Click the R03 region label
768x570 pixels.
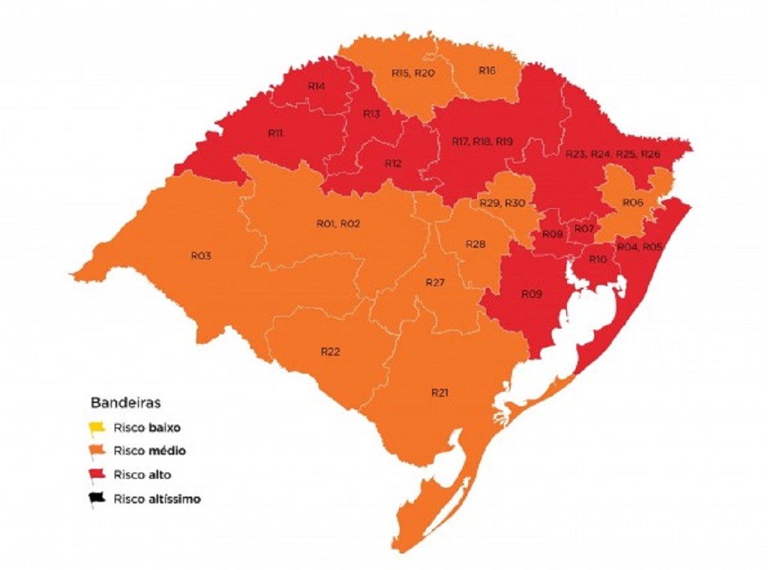(200, 256)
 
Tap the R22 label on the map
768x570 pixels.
(331, 351)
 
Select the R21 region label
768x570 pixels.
(439, 392)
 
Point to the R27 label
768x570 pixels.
(435, 282)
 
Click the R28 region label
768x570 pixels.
(475, 245)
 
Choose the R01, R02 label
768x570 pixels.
(339, 224)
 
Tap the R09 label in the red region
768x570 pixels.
(531, 294)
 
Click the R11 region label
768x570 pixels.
(274, 133)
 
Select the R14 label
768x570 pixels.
(316, 86)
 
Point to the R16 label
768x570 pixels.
(487, 71)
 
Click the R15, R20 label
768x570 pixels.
(412, 73)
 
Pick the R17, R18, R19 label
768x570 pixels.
(482, 141)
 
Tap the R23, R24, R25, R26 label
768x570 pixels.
(613, 154)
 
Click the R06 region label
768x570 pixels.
(633, 203)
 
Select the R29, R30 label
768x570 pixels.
(502, 204)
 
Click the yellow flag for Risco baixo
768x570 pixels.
(97, 429)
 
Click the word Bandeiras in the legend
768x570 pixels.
(124, 403)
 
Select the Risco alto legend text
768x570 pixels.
(143, 475)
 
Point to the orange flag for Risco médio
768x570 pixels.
(97, 452)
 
